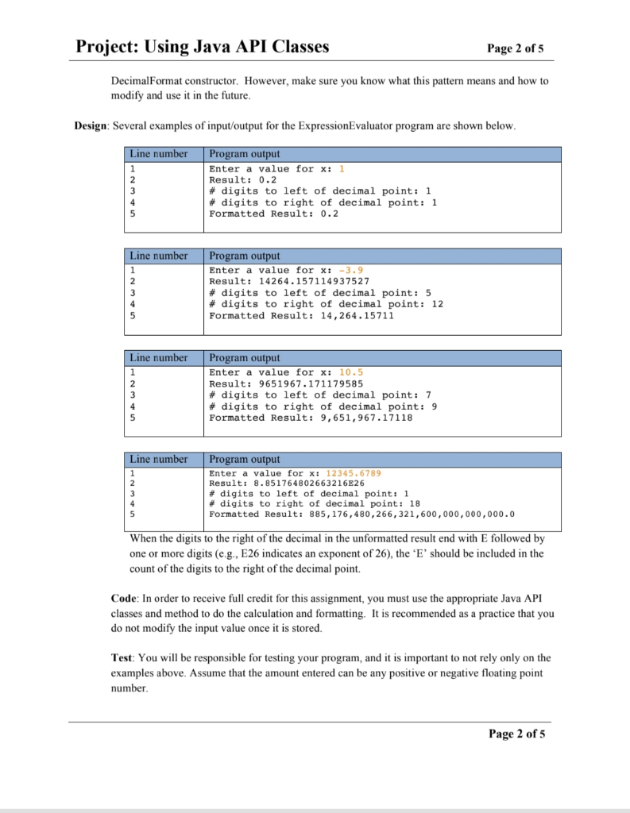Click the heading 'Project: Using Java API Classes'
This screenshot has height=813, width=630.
click(x=202, y=47)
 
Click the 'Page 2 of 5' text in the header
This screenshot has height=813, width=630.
click(x=516, y=48)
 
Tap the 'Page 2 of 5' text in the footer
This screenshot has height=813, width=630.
click(x=516, y=734)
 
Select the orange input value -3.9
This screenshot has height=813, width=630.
click(x=351, y=271)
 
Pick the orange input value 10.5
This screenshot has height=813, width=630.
click(x=351, y=372)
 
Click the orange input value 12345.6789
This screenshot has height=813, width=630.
click(x=354, y=473)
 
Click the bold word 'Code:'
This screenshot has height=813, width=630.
click(x=125, y=598)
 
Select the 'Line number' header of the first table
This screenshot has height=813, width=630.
click(x=159, y=154)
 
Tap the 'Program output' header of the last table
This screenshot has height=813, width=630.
click(x=244, y=460)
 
